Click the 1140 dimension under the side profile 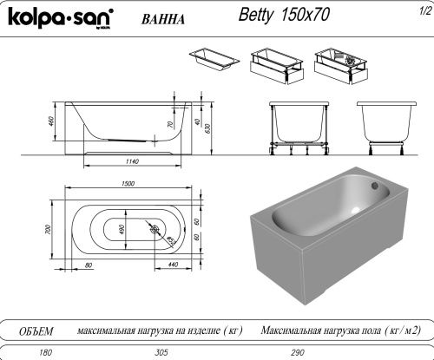[x=133, y=162]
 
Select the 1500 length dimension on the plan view [x=128, y=184]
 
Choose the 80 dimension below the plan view [x=89, y=264]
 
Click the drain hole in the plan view [x=155, y=230]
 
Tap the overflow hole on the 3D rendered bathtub [x=376, y=184]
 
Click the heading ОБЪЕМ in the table [x=36, y=331]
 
